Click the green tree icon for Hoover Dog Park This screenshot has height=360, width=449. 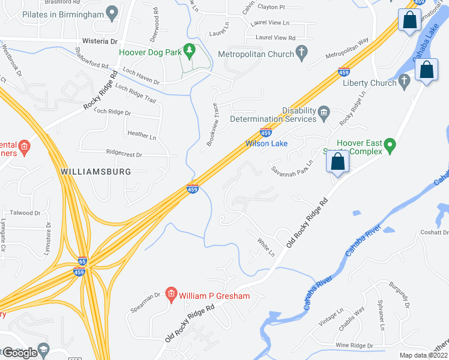coord(190,52)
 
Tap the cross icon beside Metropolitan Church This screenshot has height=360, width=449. coord(302,54)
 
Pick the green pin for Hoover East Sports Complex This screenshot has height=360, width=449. coord(390,146)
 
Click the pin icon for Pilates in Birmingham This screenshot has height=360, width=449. coord(111,13)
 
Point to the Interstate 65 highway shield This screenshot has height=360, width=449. coord(82,262)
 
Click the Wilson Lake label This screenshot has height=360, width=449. coord(267,144)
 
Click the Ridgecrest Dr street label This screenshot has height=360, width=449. coord(124,154)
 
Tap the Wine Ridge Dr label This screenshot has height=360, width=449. coord(354,346)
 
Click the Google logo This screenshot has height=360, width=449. coord(20,353)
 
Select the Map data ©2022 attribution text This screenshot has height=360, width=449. coord(424,355)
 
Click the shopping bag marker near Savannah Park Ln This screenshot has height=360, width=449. coord(338,162)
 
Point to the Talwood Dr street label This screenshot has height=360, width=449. coord(25,213)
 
